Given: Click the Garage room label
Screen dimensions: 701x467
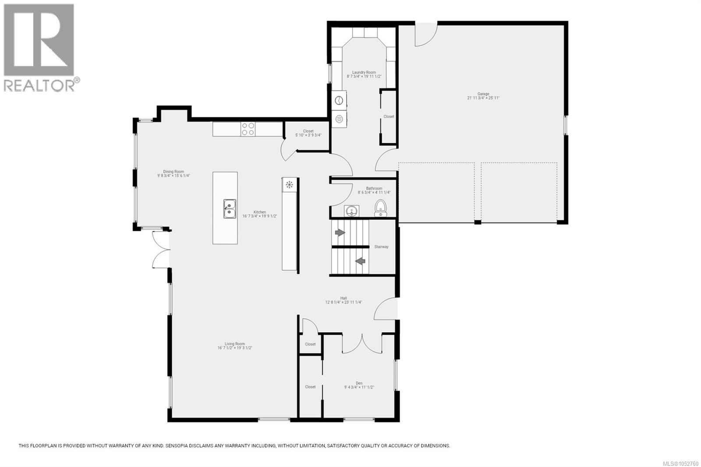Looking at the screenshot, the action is tap(483, 94).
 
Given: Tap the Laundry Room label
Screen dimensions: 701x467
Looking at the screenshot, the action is tap(364, 72).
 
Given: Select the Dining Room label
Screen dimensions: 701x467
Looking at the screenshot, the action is tap(173, 172).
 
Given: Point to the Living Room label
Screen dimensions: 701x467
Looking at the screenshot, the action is tap(235, 343).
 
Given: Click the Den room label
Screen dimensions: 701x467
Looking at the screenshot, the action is tap(359, 383).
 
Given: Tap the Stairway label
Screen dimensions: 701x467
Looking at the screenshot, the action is tap(381, 247).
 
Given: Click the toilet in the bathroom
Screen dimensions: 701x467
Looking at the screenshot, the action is tap(381, 208).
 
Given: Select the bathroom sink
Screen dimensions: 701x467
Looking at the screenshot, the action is tap(352, 211).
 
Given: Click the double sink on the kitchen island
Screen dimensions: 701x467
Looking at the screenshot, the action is tap(230, 209).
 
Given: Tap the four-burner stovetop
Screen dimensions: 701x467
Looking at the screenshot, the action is tap(248, 129).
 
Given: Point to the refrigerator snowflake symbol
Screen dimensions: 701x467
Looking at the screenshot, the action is tap(289, 184).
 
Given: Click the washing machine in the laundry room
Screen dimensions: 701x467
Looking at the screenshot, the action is tap(339, 100).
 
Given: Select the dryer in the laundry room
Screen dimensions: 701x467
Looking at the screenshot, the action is tap(339, 119).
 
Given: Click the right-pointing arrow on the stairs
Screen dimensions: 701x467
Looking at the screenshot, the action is tap(340, 233).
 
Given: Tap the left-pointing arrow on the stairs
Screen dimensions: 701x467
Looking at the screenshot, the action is tap(360, 261).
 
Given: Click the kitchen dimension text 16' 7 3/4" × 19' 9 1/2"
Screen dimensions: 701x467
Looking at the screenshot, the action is tap(260, 216).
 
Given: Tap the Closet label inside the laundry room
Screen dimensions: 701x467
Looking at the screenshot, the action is tap(389, 117).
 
